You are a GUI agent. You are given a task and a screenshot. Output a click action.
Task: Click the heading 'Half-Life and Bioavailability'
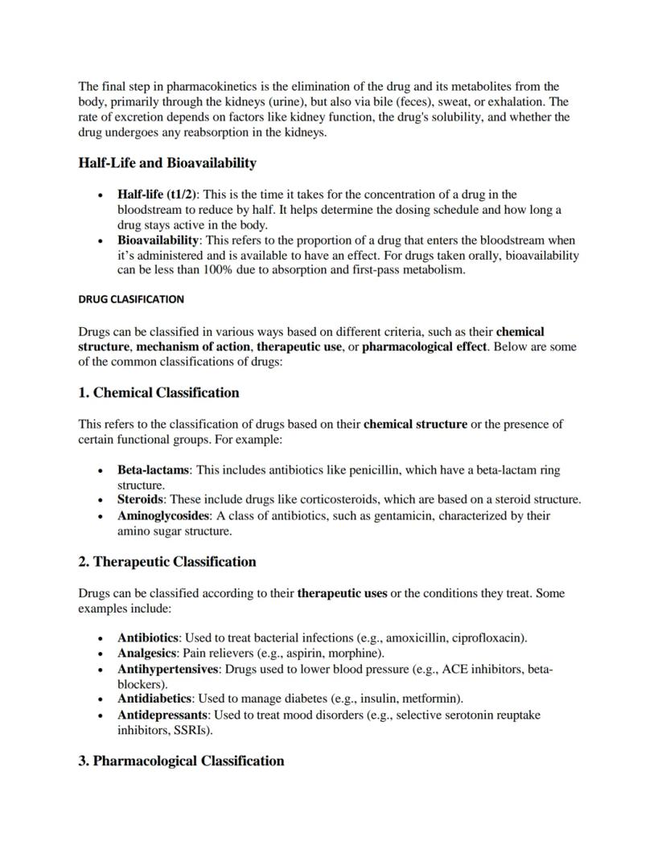click(167, 163)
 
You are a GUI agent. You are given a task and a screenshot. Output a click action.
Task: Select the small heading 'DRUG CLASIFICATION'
click(131, 299)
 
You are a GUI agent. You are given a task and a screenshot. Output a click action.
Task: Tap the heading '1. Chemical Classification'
click(158, 393)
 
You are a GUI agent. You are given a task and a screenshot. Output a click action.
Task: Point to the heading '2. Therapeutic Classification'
click(166, 562)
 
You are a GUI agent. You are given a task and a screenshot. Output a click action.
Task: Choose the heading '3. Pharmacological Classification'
click(181, 761)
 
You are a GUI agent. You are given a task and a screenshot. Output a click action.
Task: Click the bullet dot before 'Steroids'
click(100, 501)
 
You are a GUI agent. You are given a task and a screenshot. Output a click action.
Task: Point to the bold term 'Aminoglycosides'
click(163, 516)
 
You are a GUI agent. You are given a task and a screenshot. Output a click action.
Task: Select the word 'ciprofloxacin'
click(488, 638)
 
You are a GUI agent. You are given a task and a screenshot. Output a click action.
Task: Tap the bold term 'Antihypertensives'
click(167, 669)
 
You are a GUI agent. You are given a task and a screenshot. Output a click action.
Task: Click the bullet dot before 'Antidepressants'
click(100, 715)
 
